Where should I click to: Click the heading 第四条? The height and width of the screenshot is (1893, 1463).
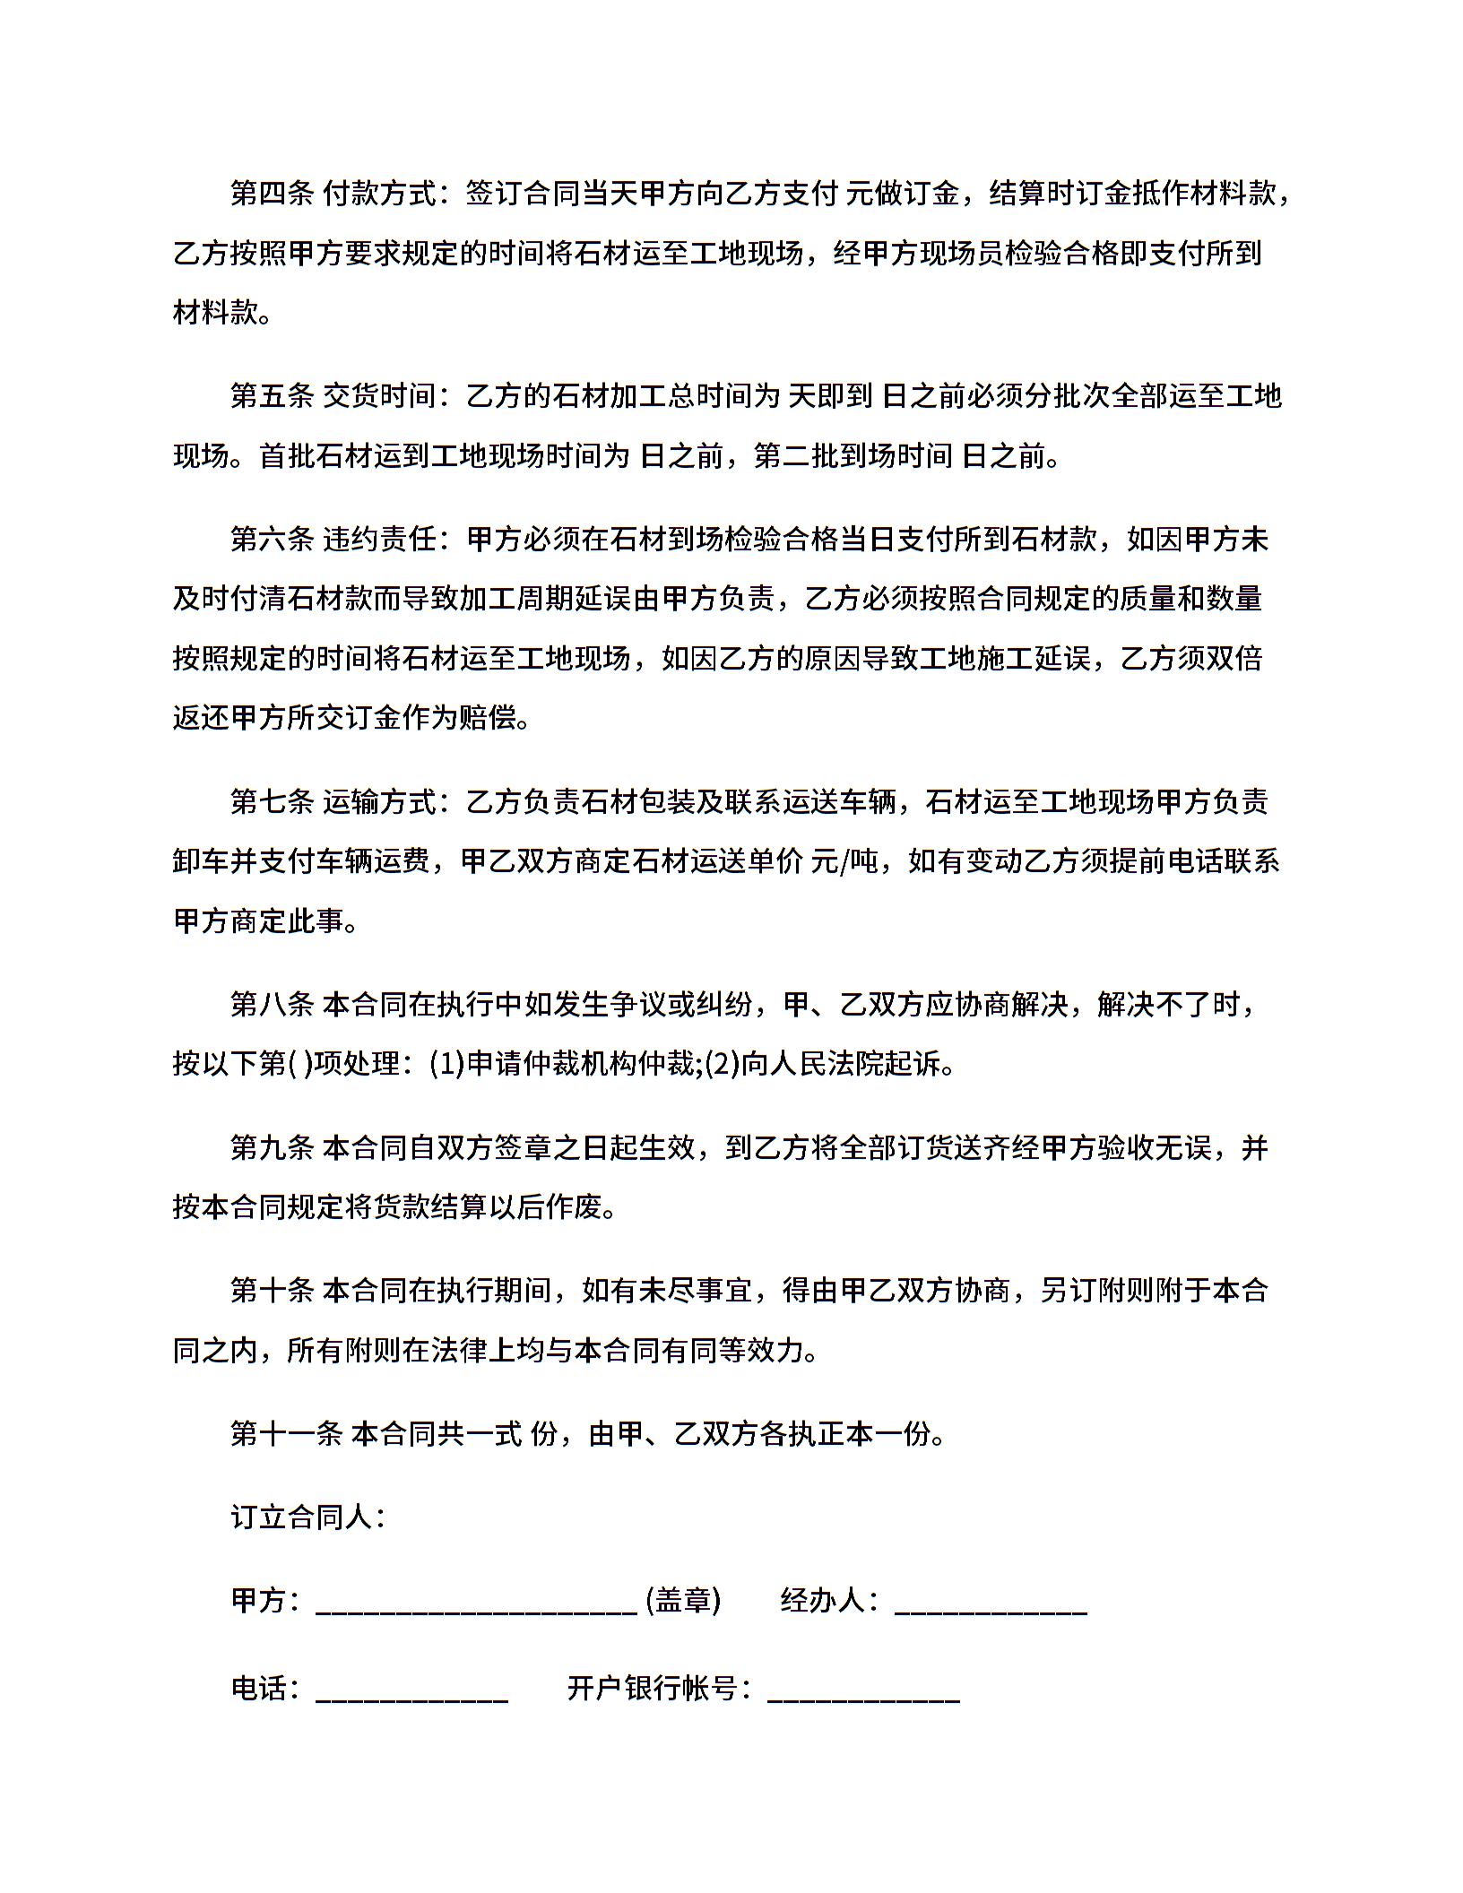tap(272, 194)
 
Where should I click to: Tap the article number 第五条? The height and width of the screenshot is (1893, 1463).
tap(272, 396)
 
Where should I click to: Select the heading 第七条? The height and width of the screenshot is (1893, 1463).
tap(272, 800)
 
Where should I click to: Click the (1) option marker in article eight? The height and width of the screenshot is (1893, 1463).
tap(446, 1064)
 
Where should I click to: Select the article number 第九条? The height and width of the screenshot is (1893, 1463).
tap(272, 1147)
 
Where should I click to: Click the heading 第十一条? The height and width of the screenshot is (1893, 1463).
tap(286, 1433)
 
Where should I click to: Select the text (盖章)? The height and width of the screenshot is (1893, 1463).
tap(683, 1600)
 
